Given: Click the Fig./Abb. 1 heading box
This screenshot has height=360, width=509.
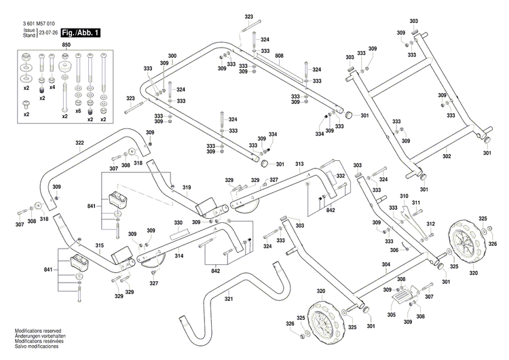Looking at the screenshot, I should (81, 33).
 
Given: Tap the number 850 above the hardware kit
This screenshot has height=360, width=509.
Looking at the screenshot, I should (66, 45).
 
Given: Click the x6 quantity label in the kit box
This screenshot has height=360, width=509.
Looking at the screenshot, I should (78, 111).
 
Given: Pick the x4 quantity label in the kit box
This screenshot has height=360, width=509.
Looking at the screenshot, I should (52, 87).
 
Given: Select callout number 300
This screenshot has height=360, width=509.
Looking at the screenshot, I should (172, 55).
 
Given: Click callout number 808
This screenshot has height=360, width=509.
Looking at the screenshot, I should (280, 55).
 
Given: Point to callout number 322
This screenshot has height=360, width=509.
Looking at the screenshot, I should (79, 143).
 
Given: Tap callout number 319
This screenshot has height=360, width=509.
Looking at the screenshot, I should (186, 187).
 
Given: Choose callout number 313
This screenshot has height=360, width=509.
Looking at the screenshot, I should (299, 165).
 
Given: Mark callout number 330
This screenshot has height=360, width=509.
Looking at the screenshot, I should (178, 223).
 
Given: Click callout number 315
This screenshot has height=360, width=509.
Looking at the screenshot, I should (99, 245).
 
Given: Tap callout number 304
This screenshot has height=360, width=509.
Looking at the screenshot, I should (385, 265).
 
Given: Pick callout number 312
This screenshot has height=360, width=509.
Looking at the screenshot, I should (430, 223).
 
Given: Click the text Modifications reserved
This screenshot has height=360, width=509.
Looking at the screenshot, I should (39, 331).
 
